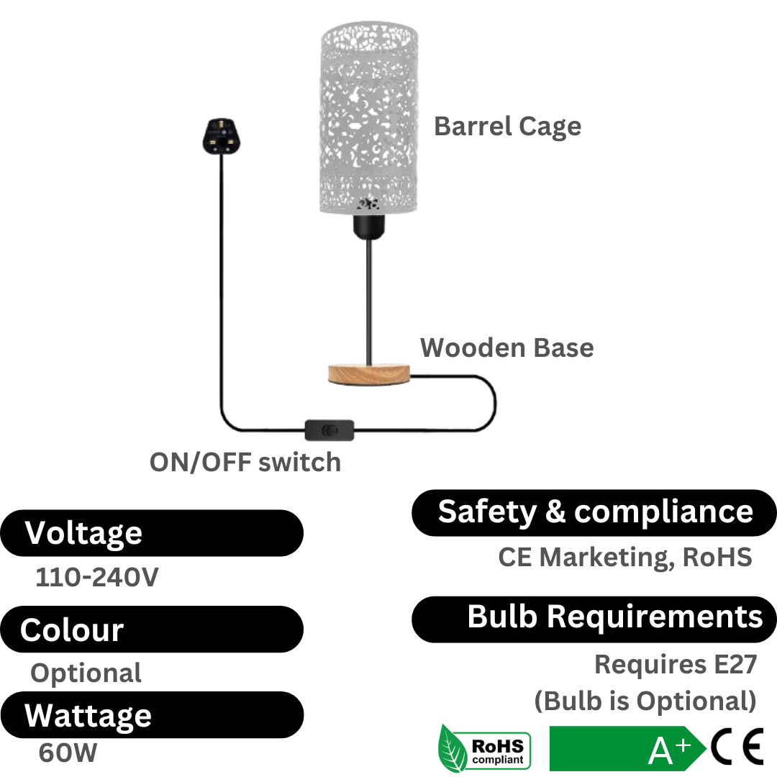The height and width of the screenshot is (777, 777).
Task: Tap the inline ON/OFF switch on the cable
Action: coord(329,430)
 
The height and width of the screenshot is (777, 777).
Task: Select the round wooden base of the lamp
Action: coord(367,373)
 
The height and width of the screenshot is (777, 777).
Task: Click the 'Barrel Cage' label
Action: coord(507,127)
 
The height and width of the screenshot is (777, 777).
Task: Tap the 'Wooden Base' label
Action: coord(507,347)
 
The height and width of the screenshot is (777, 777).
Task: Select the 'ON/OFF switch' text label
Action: coord(245,462)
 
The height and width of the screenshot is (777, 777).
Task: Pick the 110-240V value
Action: coord(96,578)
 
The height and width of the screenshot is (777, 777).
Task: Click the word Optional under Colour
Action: coord(86,673)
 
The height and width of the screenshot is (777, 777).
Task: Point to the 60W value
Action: coord(68,753)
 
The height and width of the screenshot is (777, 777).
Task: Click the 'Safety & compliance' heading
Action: coord(594,512)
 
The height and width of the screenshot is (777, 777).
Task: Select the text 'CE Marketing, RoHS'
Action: coord(624,557)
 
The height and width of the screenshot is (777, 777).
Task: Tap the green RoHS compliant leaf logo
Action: coord(484,749)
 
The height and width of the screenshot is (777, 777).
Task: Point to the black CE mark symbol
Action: coord(737,749)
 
